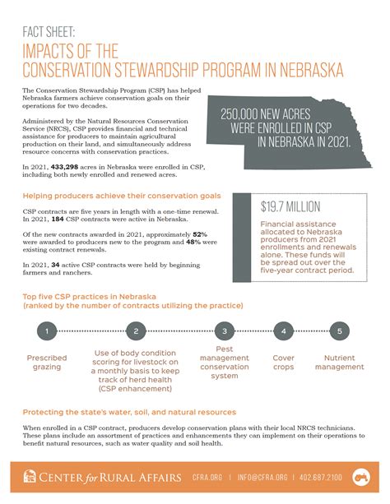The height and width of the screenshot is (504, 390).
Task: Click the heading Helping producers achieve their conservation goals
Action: click(121, 197)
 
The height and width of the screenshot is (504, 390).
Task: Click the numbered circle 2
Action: click(135, 332)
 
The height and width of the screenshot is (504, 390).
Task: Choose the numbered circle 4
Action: click(284, 332)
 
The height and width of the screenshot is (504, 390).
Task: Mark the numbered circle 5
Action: click(339, 332)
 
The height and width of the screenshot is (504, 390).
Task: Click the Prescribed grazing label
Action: click(48, 363)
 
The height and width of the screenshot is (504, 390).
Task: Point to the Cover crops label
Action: click(284, 363)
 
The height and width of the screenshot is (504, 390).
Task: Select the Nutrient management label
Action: click(340, 363)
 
